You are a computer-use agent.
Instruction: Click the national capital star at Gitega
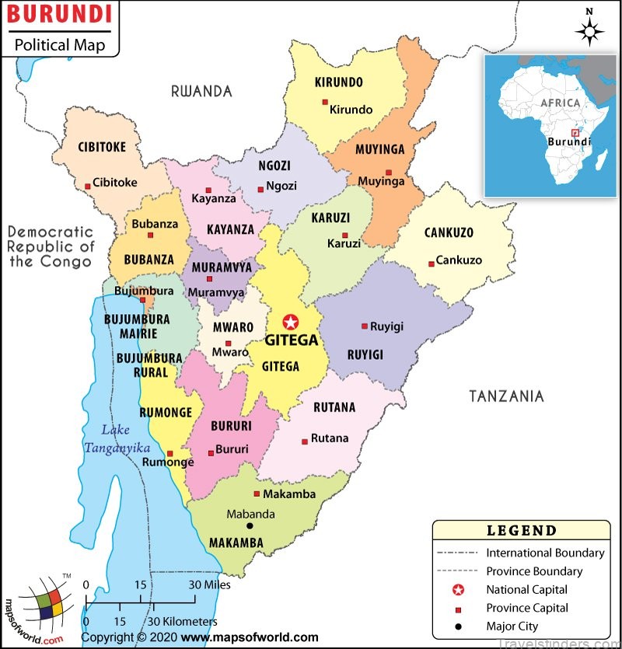pyautogui.click(x=291, y=322)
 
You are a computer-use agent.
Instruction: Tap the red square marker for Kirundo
pyautogui.click(x=325, y=103)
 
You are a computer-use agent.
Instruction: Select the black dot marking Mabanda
pyautogui.click(x=250, y=526)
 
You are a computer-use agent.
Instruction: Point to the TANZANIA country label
pyautogui.click(x=505, y=396)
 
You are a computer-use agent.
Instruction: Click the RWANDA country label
pyautogui.click(x=201, y=92)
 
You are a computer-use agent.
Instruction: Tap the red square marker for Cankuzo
pyautogui.click(x=432, y=264)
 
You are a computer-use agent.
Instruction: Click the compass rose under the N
pyautogui.click(x=590, y=31)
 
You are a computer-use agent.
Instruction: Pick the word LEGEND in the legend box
pyautogui.click(x=522, y=532)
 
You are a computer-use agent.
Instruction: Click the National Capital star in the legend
pyautogui.click(x=459, y=590)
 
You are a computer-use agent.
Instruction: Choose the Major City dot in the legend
pyautogui.click(x=459, y=626)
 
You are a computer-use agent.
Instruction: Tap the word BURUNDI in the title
pyautogui.click(x=59, y=14)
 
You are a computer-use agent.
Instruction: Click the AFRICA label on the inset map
pyautogui.click(x=561, y=103)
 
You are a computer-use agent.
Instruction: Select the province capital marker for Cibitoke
pyautogui.click(x=88, y=186)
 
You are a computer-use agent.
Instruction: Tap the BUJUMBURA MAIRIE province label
pyautogui.click(x=137, y=326)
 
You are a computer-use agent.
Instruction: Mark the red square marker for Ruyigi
pyautogui.click(x=364, y=326)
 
